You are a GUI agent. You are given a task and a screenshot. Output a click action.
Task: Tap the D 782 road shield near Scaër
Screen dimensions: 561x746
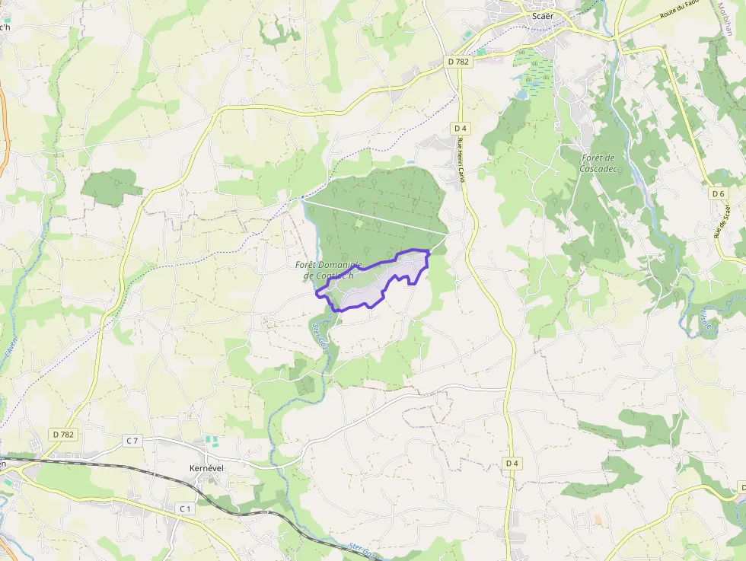click(x=458, y=62)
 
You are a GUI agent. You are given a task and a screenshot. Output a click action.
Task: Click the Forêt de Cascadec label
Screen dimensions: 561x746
click(x=598, y=163)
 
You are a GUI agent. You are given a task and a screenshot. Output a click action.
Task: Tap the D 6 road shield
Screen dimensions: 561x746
click(x=718, y=194)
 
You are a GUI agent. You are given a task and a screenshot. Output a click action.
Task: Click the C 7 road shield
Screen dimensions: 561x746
click(x=132, y=441)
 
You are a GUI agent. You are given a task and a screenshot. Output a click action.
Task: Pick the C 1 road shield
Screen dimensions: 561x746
click(x=184, y=508)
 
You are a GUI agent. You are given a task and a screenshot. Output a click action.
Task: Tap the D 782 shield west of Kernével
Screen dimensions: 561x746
click(x=65, y=434)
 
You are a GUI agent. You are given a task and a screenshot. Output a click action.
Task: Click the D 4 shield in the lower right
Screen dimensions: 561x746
click(x=512, y=463)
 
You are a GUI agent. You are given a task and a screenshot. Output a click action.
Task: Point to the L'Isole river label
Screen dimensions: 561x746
click(x=707, y=320)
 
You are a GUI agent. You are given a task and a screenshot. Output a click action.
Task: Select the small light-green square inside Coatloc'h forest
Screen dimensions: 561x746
click(x=359, y=223)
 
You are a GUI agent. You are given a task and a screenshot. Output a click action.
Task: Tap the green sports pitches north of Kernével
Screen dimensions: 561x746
click(x=212, y=441)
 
